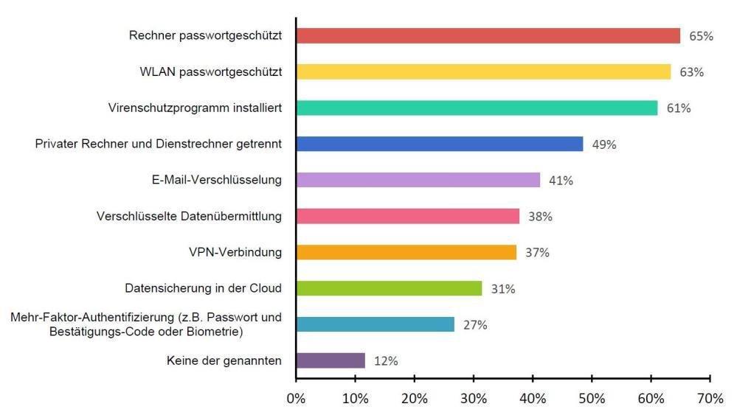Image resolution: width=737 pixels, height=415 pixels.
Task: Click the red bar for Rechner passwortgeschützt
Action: tap(488, 35)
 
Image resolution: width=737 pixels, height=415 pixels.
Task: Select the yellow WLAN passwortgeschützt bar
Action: tap(483, 72)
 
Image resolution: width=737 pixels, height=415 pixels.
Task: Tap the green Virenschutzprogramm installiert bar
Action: tap(477, 108)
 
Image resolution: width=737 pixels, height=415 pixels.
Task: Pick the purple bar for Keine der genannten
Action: tap(331, 360)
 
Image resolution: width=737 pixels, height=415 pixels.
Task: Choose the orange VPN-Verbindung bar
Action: tap(406, 252)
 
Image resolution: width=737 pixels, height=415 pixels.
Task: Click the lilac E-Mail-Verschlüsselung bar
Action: tap(418, 180)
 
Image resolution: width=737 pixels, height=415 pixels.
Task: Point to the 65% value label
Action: tap(702, 36)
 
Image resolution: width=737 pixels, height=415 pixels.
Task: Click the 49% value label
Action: tap(604, 144)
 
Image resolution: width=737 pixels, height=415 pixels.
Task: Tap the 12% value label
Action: tap(386, 361)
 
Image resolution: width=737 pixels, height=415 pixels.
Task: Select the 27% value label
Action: tap(475, 325)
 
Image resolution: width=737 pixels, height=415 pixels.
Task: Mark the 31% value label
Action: tap(503, 289)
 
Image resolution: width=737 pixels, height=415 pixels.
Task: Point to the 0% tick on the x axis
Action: tap(296, 399)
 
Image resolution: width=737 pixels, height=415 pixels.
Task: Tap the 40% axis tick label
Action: tap(533, 399)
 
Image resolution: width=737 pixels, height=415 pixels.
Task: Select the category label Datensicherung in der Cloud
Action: tap(204, 288)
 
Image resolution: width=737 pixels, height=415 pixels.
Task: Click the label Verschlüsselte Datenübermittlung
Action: tap(190, 216)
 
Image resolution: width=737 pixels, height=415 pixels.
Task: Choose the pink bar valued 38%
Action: tap(407, 216)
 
